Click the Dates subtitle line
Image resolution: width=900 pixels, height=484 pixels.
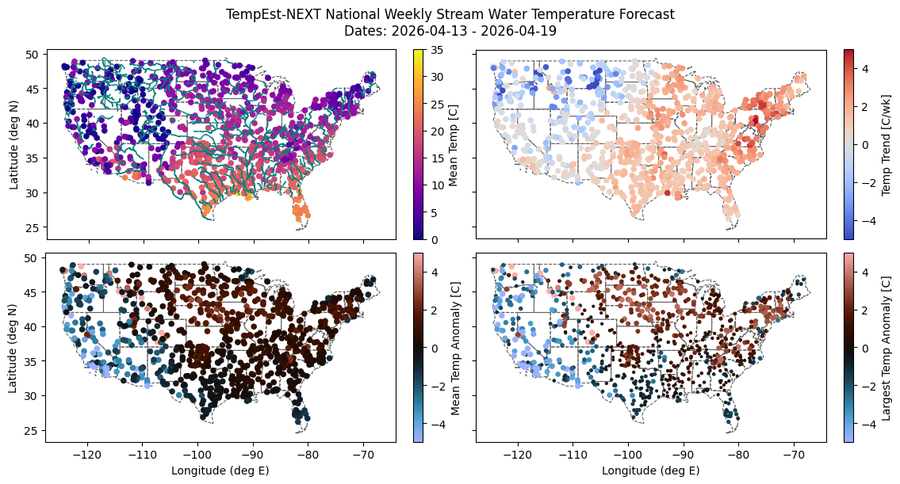pyautogui.click(x=450, y=32)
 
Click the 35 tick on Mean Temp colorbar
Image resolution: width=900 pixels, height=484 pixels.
pyautogui.click(x=438, y=50)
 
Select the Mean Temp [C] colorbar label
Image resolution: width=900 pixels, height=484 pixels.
pyautogui.click(x=455, y=145)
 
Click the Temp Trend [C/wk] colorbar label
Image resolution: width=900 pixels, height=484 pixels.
pyautogui.click(x=887, y=145)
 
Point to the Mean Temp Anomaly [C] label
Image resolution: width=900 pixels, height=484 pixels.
pyautogui.click(x=455, y=348)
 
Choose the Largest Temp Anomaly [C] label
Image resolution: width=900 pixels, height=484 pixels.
pyautogui.click(x=887, y=348)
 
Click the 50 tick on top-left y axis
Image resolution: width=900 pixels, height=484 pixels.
pyautogui.click(x=32, y=55)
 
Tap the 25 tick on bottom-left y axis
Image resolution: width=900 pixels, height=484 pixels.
pyautogui.click(x=32, y=430)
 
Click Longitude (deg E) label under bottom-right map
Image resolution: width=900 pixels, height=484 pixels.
pyautogui.click(x=651, y=471)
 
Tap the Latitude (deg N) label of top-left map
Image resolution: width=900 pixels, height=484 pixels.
pyautogui.click(x=13, y=145)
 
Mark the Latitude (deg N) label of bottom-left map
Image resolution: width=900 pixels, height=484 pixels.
pyautogui.click(x=13, y=348)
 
